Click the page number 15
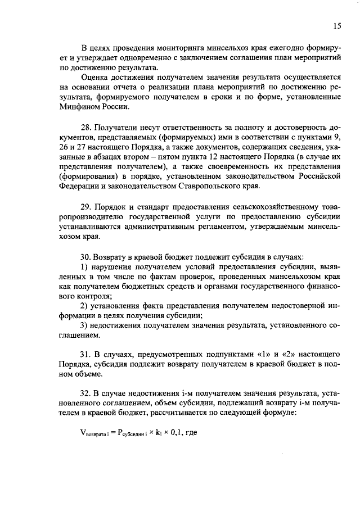click(x=337, y=25)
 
